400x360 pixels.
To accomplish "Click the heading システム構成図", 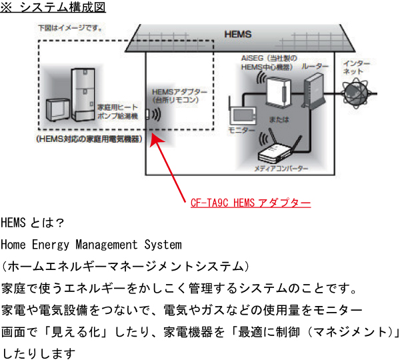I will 64,8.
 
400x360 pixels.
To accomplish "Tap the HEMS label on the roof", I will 236,33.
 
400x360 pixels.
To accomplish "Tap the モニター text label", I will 237,128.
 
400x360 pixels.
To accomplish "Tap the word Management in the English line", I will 107,245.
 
